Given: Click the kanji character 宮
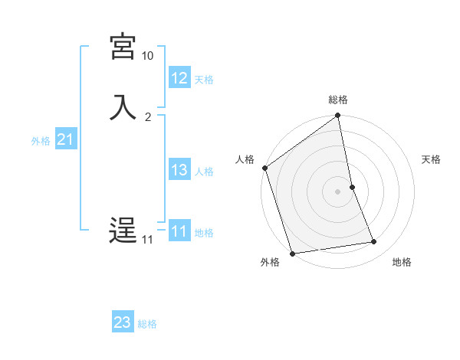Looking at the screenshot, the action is pyautogui.click(x=123, y=47).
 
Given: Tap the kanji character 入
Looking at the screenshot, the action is pyautogui.click(x=123, y=106).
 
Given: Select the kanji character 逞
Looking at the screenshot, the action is pyautogui.click(x=123, y=231).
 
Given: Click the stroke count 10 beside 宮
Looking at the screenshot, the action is pyautogui.click(x=147, y=56).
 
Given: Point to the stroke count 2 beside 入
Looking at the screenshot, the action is pyautogui.click(x=148, y=116).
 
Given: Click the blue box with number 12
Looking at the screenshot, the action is pyautogui.click(x=179, y=78).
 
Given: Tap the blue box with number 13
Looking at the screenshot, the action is pyautogui.click(x=179, y=170).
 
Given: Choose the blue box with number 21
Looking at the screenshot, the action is pyautogui.click(x=65, y=139).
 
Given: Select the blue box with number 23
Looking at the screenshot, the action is pyautogui.click(x=123, y=322).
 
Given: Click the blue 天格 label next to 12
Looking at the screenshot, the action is pyautogui.click(x=204, y=80).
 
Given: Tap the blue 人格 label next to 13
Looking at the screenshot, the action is pyautogui.click(x=204, y=172).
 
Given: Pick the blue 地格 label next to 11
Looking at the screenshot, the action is pyautogui.click(x=204, y=233).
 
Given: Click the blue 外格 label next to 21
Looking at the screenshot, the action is pyautogui.click(x=41, y=141).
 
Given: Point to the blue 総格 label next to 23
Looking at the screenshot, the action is pyautogui.click(x=147, y=324).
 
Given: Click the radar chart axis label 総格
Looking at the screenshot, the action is pyautogui.click(x=338, y=100).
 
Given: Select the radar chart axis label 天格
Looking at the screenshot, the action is pyautogui.click(x=432, y=159).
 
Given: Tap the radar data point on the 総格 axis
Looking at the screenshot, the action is pyautogui.click(x=338, y=116).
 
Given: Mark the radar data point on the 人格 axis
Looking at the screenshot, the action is pyautogui.click(x=265, y=168).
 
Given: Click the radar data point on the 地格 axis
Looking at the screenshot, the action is pyautogui.click(x=374, y=242).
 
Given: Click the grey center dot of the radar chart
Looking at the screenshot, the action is pyautogui.click(x=338, y=191).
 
